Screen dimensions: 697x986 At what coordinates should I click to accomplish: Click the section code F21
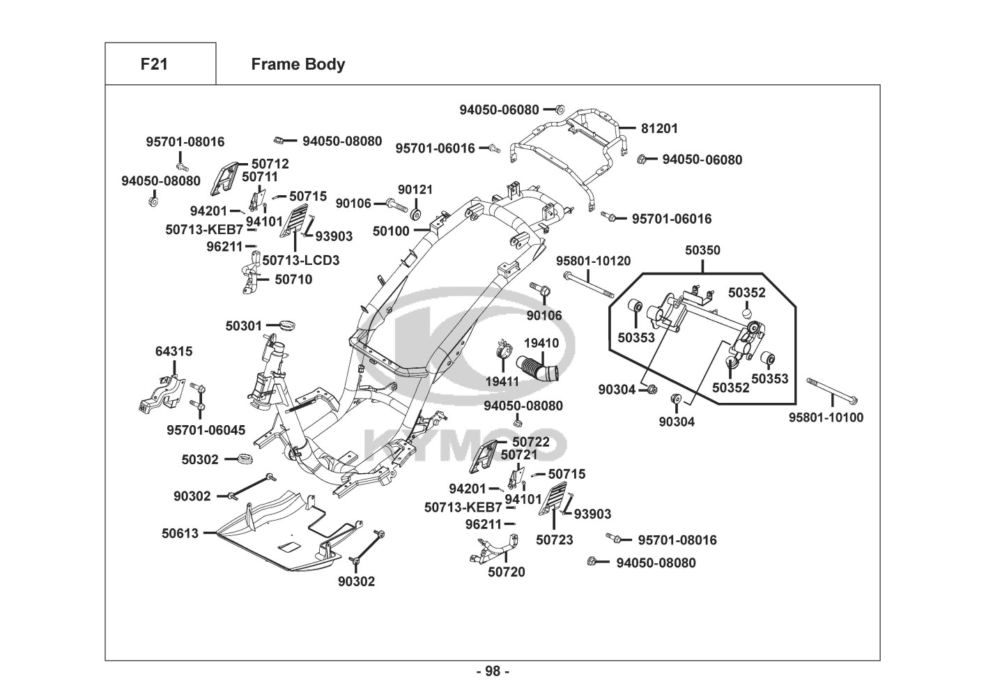pos(154,64)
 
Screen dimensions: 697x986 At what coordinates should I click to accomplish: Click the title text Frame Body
pos(298,64)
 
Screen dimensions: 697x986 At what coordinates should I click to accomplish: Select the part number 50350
pos(702,250)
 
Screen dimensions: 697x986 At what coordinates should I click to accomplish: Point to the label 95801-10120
pos(593,261)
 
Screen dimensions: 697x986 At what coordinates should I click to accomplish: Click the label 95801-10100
pos(826,418)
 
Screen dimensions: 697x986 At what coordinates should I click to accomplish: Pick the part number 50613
pos(180,533)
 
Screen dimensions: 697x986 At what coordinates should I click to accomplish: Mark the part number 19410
pos(541,343)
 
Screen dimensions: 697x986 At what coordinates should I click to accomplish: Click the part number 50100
pos(391,230)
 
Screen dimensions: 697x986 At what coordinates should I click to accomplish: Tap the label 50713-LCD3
pos(301,260)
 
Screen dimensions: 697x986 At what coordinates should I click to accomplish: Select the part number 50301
pos(243,325)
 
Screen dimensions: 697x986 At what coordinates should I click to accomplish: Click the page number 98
pos(493,671)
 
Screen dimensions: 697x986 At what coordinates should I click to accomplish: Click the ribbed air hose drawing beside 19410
pos(537,367)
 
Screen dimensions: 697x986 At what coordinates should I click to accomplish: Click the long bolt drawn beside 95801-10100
pos(832,391)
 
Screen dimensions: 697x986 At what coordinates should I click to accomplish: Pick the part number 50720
pos(507,572)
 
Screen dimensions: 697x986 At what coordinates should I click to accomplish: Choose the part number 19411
pos(502,381)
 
